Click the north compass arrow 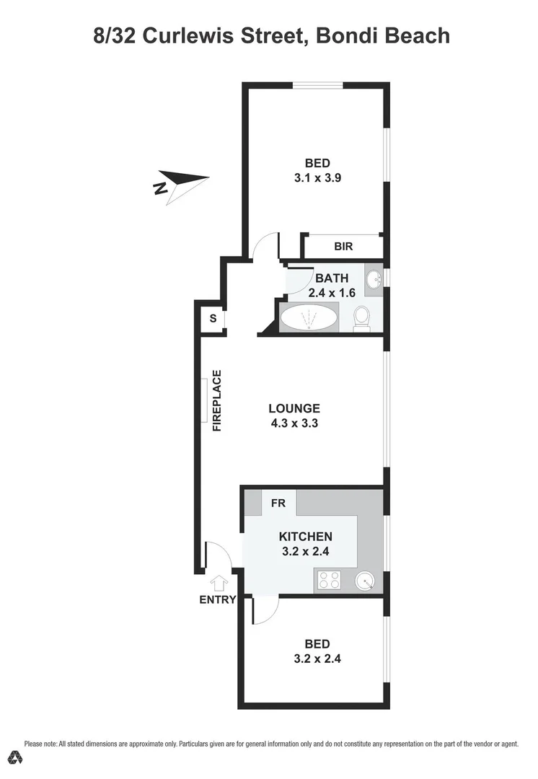coord(182,185)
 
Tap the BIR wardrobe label coord(343,247)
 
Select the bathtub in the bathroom coord(308,317)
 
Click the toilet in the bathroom coord(361,318)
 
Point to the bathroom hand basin coord(374,279)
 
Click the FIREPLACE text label coord(216,400)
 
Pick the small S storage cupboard coord(213,317)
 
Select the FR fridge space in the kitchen coord(278,503)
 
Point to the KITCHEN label coord(306,536)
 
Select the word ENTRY coord(218,599)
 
